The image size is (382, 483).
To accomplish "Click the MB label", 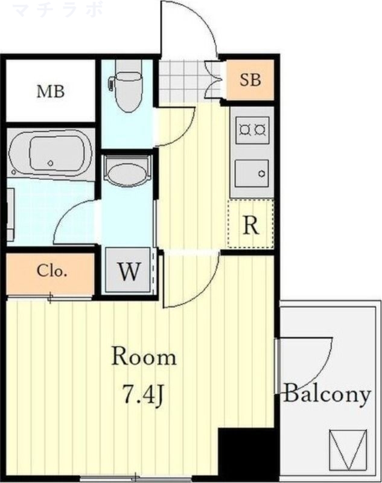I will point(50,92).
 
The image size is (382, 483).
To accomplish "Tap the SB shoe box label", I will point(250,79).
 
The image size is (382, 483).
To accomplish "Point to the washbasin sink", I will point(127,172).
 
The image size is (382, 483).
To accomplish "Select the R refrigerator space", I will point(251,225).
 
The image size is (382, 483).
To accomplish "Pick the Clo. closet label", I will point(51,271).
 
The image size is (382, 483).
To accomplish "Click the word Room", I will point(144,357).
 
